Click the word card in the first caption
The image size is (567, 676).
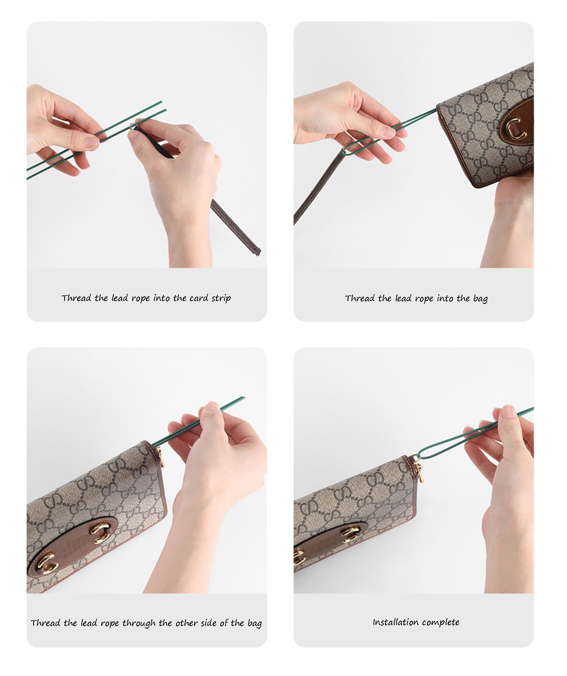pyautogui.click(x=199, y=298)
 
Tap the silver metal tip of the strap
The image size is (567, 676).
pyautogui.click(x=131, y=126)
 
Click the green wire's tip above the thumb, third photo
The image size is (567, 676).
pyautogui.click(x=244, y=398)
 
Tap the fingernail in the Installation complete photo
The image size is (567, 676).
pyautogui.click(x=509, y=411)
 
